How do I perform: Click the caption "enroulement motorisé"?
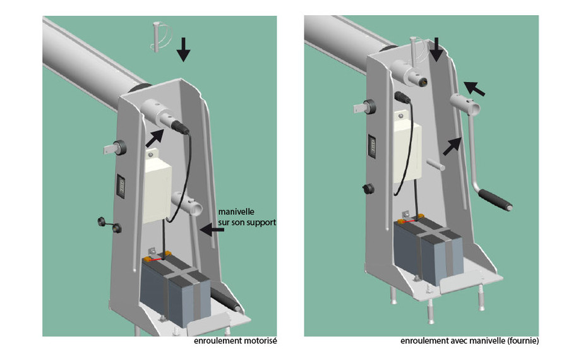point(237,341)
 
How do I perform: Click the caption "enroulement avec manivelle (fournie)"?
point(469,341)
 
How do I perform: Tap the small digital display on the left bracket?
point(120,187)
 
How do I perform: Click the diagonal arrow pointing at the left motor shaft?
point(154,138)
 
